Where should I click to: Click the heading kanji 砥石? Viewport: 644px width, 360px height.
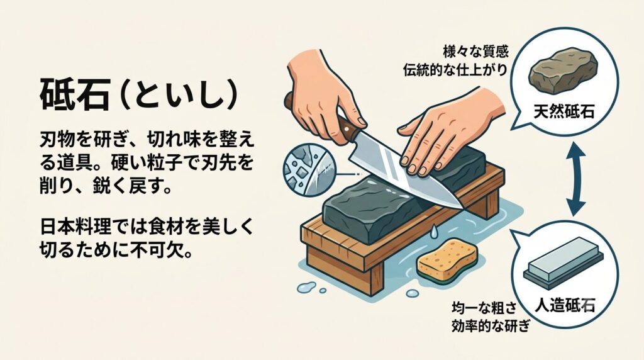(74, 95)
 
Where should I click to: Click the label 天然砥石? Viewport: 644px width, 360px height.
(563, 111)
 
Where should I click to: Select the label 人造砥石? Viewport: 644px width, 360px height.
(565, 305)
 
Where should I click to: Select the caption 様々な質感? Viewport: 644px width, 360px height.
(475, 52)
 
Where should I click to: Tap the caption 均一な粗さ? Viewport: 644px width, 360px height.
(484, 308)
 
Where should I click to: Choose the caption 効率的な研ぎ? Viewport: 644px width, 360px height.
(491, 326)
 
